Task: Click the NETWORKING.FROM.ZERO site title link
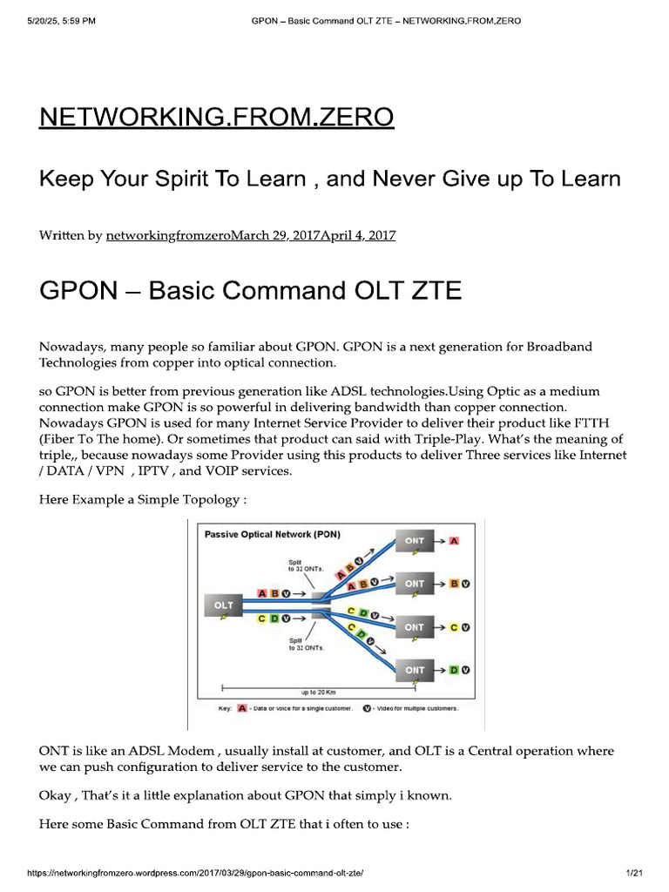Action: pyautogui.click(x=216, y=117)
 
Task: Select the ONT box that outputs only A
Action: pyautogui.click(x=415, y=540)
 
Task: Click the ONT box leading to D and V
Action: pyautogui.click(x=415, y=670)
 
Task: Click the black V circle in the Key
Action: pyautogui.click(x=367, y=708)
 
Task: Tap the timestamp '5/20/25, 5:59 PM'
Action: pyautogui.click(x=53, y=21)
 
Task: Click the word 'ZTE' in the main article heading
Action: pyautogui.click(x=430, y=290)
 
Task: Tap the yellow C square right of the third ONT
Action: pyautogui.click(x=454, y=627)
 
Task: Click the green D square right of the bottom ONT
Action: pyautogui.click(x=454, y=670)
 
